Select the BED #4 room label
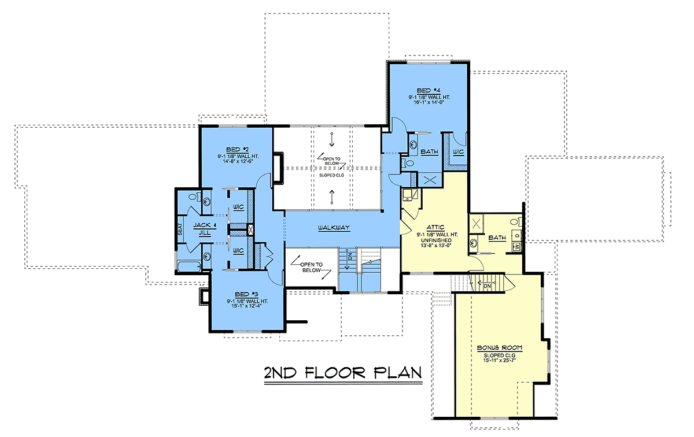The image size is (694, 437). click(429, 91)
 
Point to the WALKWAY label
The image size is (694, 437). click(334, 228)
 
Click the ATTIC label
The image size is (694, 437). click(435, 228)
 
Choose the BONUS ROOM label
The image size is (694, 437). click(500, 348)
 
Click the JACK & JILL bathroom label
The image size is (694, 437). click(205, 229)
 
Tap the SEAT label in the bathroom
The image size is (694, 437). click(180, 229)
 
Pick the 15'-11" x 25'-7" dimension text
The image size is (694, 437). click(500, 361)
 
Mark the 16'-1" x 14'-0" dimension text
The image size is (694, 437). click(429, 102)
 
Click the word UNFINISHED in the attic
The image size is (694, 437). click(436, 240)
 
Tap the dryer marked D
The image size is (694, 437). click(516, 236)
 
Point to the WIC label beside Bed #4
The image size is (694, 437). click(458, 152)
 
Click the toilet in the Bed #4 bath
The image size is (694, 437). click(407, 163)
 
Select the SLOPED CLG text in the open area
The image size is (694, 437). click(331, 175)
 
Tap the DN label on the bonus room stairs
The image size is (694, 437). click(487, 286)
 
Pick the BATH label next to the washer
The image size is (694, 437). click(497, 238)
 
